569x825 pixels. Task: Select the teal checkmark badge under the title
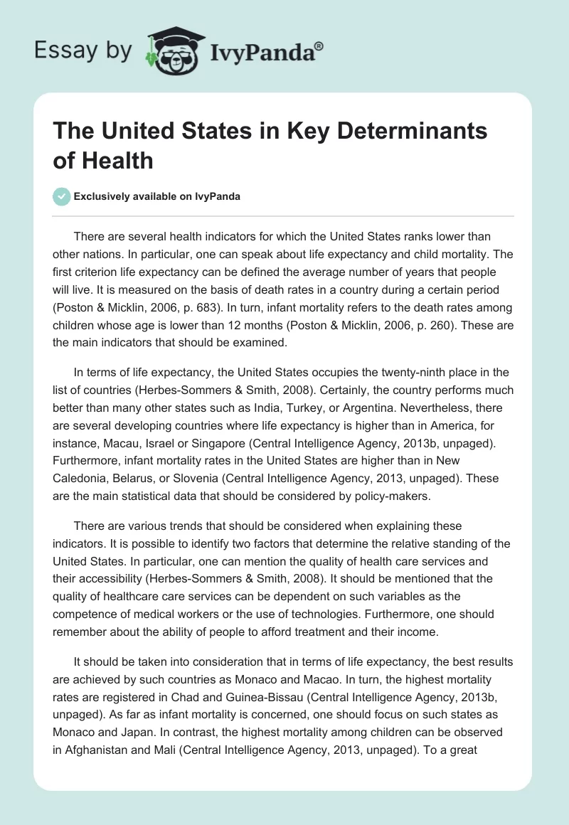(62, 196)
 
